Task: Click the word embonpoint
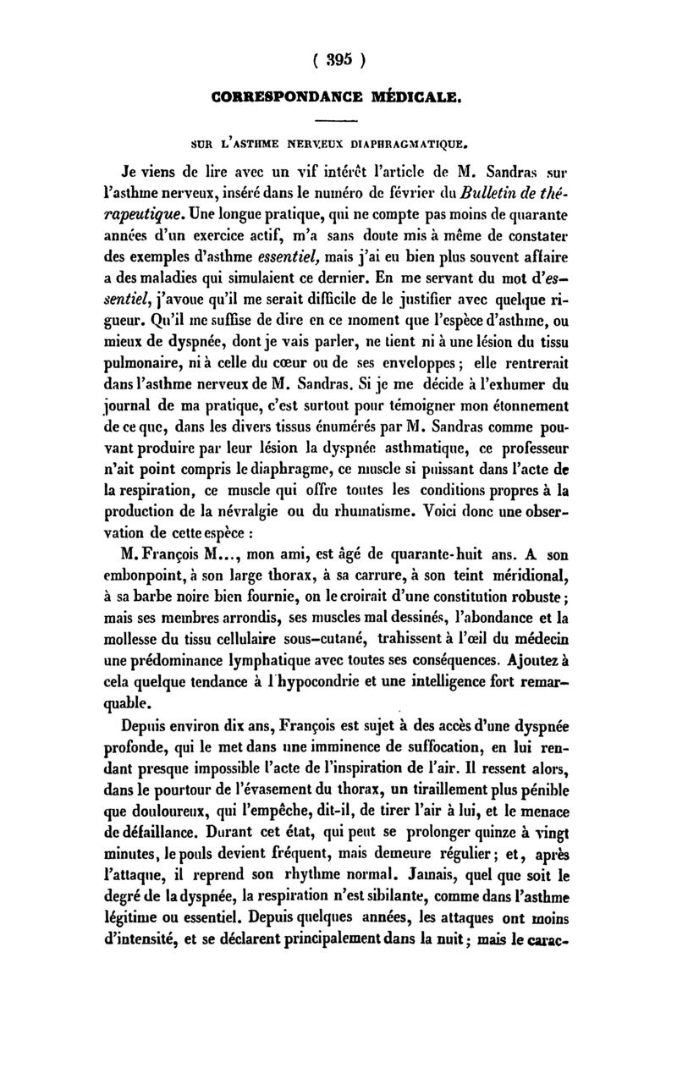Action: pyautogui.click(x=144, y=576)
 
